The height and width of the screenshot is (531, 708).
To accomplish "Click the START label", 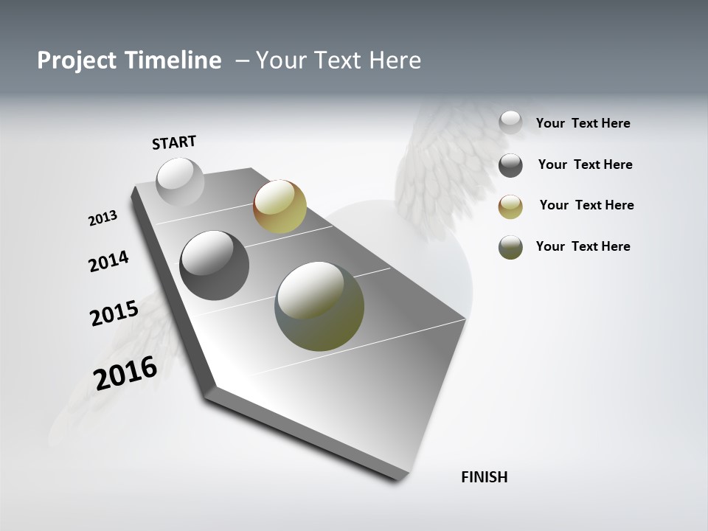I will point(174,142).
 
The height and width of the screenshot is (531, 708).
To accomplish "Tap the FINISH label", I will point(484,477).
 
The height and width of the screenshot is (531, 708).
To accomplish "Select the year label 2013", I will point(103,218).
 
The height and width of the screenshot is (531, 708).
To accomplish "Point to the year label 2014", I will point(108,261).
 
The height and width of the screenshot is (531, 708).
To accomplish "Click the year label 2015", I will point(114,313).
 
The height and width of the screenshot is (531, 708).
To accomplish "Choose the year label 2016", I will point(125,372).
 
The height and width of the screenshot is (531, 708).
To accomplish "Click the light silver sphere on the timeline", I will point(180,181).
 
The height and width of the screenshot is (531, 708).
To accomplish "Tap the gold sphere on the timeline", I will point(280,206).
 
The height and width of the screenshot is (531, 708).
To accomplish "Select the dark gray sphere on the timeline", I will point(214,265).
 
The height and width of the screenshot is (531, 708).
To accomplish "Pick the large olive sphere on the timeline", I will point(319,306).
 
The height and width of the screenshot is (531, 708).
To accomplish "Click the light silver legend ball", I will point(510,122).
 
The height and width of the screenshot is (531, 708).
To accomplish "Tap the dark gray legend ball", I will point(510,165).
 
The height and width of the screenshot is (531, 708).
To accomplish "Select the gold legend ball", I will point(510,206).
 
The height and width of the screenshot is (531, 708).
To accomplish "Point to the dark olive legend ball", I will point(510,247).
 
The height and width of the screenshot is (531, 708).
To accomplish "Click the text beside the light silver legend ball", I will point(583,123).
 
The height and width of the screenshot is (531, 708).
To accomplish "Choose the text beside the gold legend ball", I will point(586,205).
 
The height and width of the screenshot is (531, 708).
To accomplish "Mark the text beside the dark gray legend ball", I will point(585,164).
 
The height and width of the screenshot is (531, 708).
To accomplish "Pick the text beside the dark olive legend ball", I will point(583,246).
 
